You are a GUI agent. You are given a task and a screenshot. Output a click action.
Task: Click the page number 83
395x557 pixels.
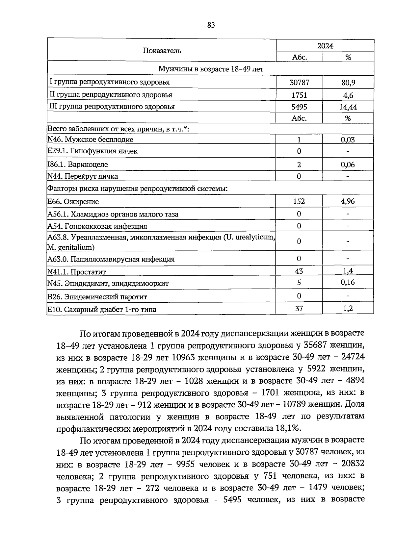(211, 25)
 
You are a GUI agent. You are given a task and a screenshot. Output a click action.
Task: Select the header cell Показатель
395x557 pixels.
(162, 51)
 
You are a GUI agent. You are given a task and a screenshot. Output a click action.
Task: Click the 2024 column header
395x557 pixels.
(325, 46)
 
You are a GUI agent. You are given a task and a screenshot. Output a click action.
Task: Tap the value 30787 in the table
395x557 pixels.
(299, 82)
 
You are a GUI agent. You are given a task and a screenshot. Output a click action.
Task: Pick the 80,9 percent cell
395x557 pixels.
(348, 83)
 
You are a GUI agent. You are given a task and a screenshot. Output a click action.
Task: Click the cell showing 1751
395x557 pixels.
(299, 95)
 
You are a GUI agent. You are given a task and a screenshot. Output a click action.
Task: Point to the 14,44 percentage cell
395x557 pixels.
(348, 107)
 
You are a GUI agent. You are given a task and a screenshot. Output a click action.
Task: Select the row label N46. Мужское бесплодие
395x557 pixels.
(91, 139)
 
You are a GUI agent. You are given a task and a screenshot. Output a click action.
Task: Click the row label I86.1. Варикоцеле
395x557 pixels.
(78, 164)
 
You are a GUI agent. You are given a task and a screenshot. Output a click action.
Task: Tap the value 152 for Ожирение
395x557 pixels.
(299, 201)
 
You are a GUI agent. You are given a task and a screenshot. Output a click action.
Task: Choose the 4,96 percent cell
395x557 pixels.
(348, 201)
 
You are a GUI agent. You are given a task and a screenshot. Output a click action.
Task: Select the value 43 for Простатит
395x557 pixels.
(299, 271)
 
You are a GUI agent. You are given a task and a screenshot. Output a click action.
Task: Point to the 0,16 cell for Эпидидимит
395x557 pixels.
(348, 282)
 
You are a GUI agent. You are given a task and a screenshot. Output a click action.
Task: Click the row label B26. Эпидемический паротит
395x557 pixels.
(97, 297)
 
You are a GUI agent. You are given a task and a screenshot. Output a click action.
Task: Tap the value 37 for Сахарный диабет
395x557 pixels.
(299, 309)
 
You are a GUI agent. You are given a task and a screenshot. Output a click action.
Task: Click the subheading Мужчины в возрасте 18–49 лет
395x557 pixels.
(211, 69)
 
